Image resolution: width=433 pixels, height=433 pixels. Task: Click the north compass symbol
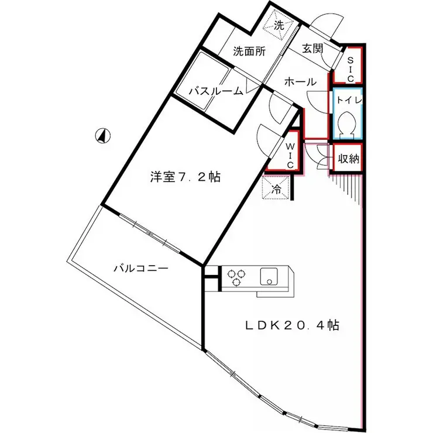pos(102,136)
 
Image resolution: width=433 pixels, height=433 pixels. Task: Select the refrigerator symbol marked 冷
pos(276,189)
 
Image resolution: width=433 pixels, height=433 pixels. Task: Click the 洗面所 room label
pos(249,51)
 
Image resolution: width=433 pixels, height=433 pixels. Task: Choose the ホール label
pos(300,82)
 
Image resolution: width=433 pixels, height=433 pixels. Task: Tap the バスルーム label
pos(216,91)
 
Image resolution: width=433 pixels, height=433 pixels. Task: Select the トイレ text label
pos(348,100)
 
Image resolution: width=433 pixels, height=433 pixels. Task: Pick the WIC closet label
pos(290,153)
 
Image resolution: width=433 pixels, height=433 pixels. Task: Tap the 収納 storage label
pos(348,157)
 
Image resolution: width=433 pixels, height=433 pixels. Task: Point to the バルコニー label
pos(141,269)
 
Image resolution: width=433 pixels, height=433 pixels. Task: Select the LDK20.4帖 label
pos(293,325)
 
